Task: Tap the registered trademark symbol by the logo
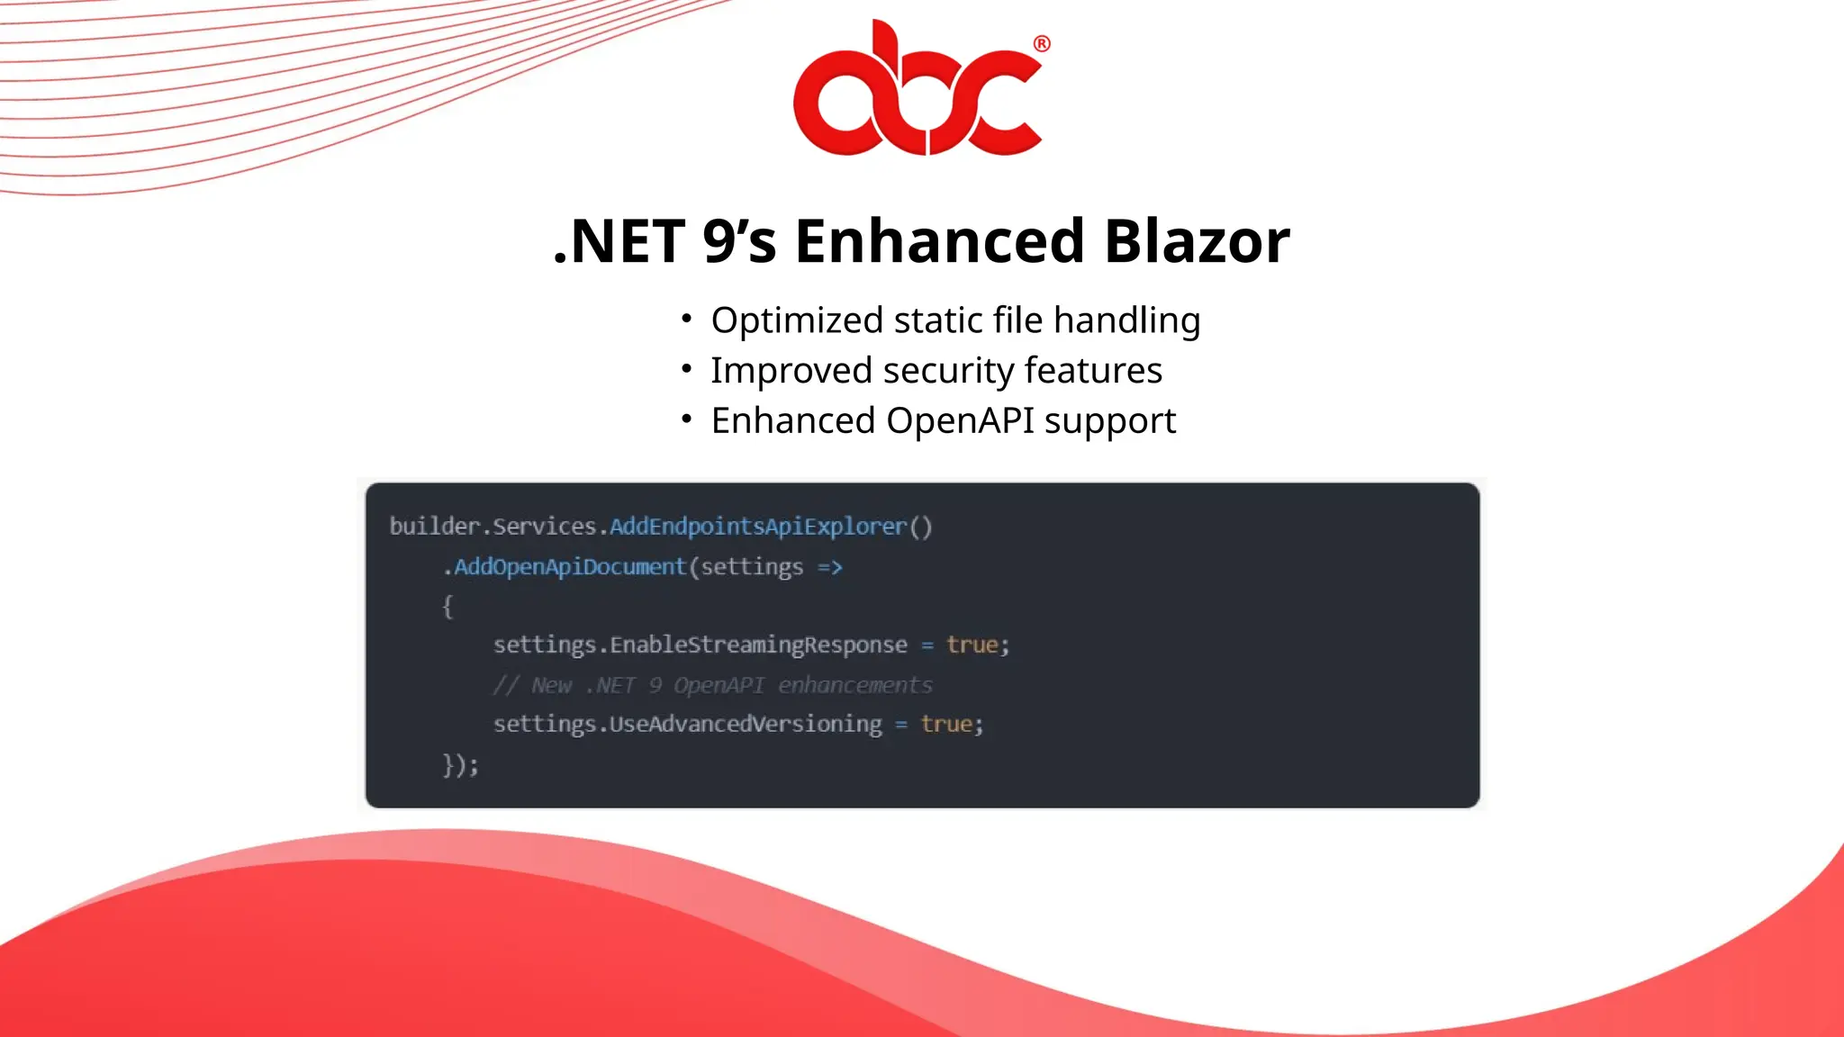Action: click(1042, 44)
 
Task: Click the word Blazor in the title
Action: click(1197, 241)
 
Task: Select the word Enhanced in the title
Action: click(939, 241)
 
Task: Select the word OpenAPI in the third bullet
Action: click(960, 420)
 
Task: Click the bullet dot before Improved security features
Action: click(686, 368)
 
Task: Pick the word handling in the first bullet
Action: click(1126, 320)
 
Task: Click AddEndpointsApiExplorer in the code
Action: click(757, 527)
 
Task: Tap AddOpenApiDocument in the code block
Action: click(570, 567)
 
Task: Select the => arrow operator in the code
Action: click(829, 567)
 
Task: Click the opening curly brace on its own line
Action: click(447, 607)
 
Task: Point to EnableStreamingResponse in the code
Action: click(758, 645)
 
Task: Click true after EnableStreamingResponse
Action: click(972, 645)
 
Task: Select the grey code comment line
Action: click(712, 685)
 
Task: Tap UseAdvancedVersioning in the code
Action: click(746, 724)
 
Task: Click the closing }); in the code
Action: click(460, 764)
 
